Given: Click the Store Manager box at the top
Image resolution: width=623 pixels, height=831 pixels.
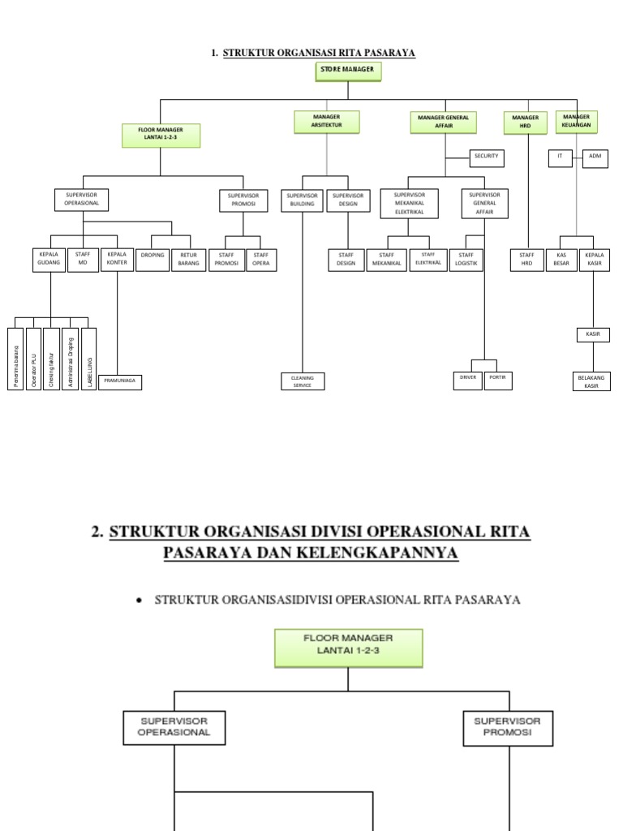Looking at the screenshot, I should (x=347, y=71).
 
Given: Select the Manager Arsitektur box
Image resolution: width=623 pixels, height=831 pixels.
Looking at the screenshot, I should (x=327, y=122).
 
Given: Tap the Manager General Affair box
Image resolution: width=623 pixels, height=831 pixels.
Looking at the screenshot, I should (x=443, y=123).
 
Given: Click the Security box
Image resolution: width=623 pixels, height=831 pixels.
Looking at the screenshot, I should (x=487, y=157).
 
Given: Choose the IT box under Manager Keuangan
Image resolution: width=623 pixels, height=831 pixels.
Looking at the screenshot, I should (x=560, y=157).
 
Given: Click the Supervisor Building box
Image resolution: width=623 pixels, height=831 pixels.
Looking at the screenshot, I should (x=302, y=200).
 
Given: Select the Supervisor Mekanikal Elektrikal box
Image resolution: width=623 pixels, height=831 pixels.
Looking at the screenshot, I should (x=409, y=204).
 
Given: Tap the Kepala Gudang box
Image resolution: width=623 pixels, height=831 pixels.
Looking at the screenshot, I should (x=48, y=259).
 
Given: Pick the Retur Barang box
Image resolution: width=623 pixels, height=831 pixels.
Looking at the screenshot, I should (x=188, y=259).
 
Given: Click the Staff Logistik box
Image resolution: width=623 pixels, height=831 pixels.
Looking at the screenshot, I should (x=466, y=260).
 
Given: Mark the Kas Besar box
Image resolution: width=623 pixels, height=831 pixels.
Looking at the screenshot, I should (x=561, y=260).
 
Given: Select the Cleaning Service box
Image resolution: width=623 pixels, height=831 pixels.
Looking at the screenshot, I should (x=302, y=381).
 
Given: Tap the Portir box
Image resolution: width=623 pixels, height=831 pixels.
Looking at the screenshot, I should (x=497, y=379).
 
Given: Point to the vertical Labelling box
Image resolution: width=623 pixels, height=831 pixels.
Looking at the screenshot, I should (x=89, y=358).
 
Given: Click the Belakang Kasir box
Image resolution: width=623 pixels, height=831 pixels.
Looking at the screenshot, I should (x=591, y=381).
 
